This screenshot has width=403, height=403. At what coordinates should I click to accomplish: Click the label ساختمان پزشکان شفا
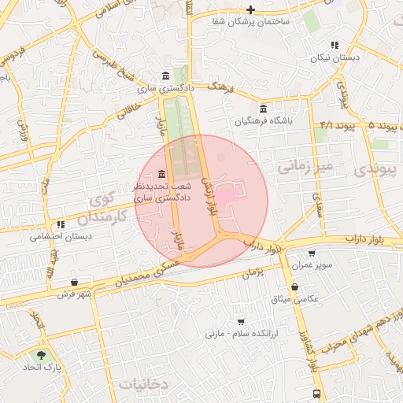250,21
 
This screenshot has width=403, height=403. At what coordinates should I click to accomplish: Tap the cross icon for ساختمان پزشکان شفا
250,9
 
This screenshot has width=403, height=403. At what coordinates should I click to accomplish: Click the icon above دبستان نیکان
335,45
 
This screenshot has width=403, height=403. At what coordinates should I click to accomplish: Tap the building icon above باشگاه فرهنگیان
263,109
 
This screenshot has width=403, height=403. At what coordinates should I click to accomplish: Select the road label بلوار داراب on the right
365,238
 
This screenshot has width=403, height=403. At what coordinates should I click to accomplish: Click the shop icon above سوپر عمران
312,253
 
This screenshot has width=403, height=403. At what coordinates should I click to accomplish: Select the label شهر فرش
75,294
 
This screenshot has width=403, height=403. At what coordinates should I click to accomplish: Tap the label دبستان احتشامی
61,235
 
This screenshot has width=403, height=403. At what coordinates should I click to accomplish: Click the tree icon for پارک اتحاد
40,356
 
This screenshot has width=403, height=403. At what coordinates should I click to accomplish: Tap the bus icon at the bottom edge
316,394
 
